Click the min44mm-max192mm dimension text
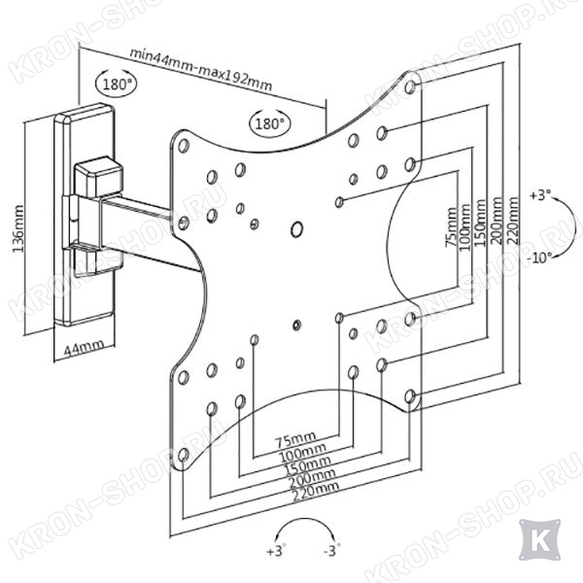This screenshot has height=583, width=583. coord(201,70)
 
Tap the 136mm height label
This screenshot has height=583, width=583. coord(18,228)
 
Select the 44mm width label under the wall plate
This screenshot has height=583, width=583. coord(84,348)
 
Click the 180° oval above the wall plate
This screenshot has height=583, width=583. coord(116,84)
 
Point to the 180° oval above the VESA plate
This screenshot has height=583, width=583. coord(270,122)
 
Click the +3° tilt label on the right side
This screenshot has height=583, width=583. coord(541,195)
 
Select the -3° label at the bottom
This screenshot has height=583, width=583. coord(332,550)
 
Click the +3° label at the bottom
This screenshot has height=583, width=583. coord(277,550)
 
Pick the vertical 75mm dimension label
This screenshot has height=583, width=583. coord(451,227)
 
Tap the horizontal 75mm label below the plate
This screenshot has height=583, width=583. coord(295,439)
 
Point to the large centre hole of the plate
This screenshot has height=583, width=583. coord(296,229)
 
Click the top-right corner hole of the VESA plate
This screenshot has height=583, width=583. coord(410,87)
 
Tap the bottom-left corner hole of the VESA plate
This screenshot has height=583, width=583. coord(183,455)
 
